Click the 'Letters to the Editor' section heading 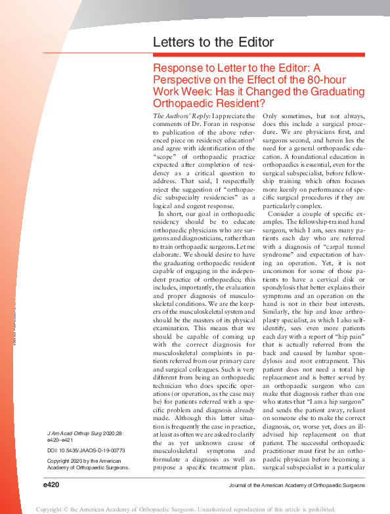click(x=213, y=43)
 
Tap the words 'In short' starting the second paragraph click(x=171, y=213)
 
